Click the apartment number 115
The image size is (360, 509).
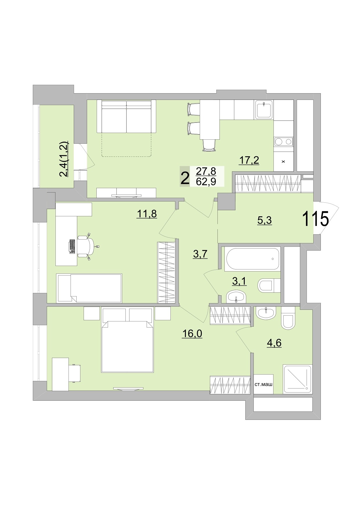[x=316, y=219]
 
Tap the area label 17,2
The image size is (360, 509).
[x=249, y=160]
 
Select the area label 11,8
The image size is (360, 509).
[x=147, y=214]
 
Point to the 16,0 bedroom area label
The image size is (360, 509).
[x=192, y=334]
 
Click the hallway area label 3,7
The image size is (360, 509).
[x=200, y=254]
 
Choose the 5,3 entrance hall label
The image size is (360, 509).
[x=264, y=220]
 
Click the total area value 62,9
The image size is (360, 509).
[x=206, y=182]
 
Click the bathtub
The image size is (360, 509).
[x=253, y=258]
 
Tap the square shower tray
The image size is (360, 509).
[x=297, y=379]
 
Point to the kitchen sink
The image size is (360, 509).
[x=264, y=109]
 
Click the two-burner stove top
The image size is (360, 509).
[x=283, y=142]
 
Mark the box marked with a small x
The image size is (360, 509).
[x=283, y=161]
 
